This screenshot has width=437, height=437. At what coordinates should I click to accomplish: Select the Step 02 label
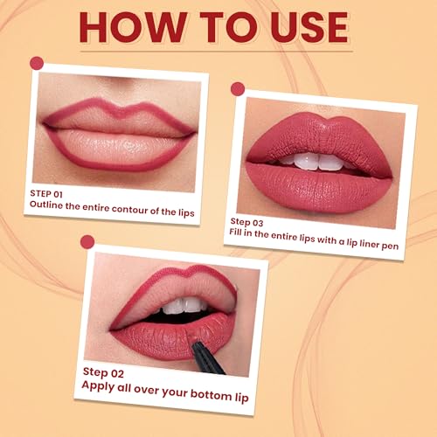point(103,371)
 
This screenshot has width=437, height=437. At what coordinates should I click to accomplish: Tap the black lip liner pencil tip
point(207,347)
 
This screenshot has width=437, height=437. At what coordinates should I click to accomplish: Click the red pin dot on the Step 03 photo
point(235,88)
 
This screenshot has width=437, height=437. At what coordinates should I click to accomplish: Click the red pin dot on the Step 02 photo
point(87,241)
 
